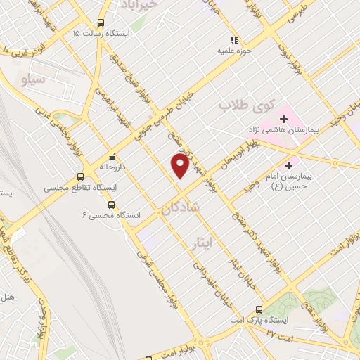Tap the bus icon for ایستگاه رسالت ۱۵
pos(103,22)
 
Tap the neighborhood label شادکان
pos(181,208)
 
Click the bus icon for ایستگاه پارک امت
pos(259,309)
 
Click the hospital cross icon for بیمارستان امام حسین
pos(288,165)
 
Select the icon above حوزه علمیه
pos(234,40)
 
